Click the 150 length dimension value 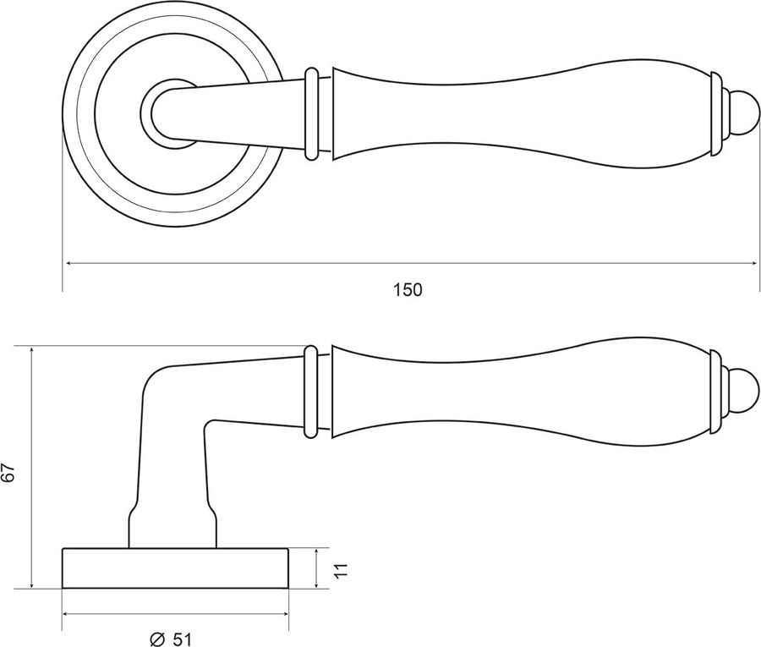tap(408, 290)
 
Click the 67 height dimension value tap(8, 472)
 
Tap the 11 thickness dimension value tap(342, 570)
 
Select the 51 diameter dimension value tap(182, 639)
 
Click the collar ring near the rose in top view tap(311, 114)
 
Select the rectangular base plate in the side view tap(175, 568)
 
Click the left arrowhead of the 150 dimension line tap(69, 263)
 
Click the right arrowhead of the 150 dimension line tap(753, 263)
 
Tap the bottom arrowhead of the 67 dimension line tap(31, 583)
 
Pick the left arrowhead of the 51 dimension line tap(68, 614)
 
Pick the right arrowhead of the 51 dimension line tap(284, 614)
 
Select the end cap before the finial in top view tap(717, 114)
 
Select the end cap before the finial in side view tap(716, 392)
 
